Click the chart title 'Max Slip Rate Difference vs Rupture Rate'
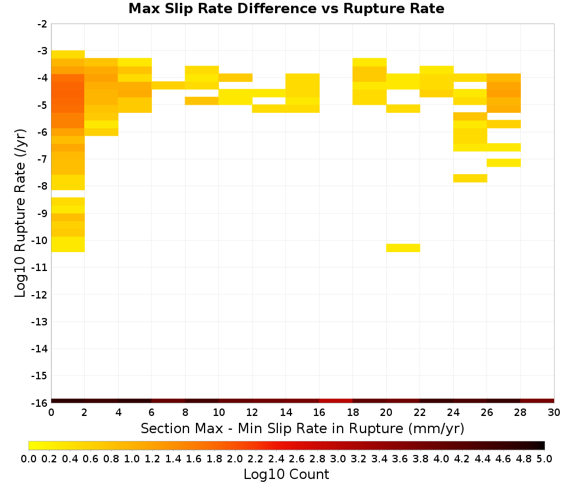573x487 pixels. tap(286, 9)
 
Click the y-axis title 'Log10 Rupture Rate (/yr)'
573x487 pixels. tap(20, 213)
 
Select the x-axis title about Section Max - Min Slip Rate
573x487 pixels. tap(302, 428)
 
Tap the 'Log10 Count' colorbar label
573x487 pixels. tap(286, 474)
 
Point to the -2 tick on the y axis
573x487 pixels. tap(42, 24)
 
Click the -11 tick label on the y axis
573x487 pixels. tap(40, 268)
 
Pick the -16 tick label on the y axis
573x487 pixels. tap(40, 403)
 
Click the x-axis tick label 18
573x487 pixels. tap(352, 413)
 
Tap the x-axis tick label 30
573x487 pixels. tap(554, 413)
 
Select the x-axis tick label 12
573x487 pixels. tap(252, 413)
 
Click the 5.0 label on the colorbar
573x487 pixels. tap(544, 458)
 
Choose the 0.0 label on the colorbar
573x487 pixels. tap(29, 458)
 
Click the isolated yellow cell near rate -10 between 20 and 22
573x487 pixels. tap(403, 248)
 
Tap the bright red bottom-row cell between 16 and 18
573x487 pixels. tap(336, 401)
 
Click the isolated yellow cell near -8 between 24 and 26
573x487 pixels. tap(470, 178)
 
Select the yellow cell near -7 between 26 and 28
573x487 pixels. tap(504, 163)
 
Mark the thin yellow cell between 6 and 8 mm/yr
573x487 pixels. tap(168, 85)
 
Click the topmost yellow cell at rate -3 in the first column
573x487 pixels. tap(68, 54)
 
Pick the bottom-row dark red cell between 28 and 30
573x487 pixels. tap(537, 401)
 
